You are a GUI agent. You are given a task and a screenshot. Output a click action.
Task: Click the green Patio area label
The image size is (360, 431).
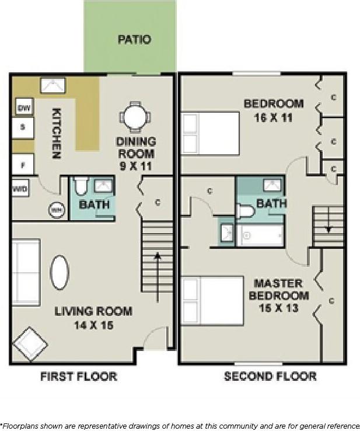pyautogui.click(x=134, y=40)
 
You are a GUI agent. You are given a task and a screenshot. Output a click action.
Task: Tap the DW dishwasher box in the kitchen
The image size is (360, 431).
pyautogui.click(x=24, y=108)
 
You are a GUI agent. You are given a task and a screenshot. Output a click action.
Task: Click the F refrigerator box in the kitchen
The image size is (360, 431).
pyautogui.click(x=23, y=165)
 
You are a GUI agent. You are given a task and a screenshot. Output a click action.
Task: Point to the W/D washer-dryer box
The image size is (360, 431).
pyautogui.click(x=19, y=189)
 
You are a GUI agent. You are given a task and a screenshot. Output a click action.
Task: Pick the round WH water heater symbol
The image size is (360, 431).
pyautogui.click(x=56, y=209)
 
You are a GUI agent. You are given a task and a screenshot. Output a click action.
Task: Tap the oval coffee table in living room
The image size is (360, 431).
pyautogui.click(x=60, y=273)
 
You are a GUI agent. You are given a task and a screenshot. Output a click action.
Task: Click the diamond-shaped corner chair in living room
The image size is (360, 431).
pyautogui.click(x=30, y=345)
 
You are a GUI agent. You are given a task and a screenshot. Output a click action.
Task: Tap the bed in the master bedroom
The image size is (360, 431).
pyautogui.click(x=212, y=301)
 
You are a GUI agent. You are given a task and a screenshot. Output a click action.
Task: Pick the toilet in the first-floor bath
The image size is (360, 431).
pyautogui.click(x=81, y=186)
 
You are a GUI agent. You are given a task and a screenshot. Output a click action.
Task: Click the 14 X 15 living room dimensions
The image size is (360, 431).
pyautogui.click(x=93, y=325)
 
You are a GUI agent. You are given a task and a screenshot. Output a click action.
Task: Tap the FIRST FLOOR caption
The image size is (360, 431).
pyautogui.click(x=78, y=377)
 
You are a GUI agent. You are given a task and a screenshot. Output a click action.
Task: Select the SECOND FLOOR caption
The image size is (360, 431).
pyautogui.click(x=270, y=377)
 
